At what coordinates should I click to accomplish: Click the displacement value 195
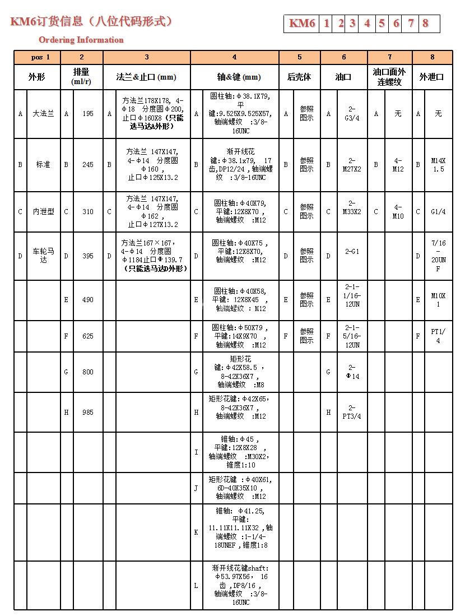point(88,114)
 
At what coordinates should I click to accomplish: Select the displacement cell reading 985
point(88,413)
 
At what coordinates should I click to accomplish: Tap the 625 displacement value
point(88,336)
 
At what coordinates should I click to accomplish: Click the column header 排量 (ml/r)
point(81,77)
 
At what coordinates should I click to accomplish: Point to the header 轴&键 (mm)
point(235,77)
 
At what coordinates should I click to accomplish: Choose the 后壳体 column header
point(300,77)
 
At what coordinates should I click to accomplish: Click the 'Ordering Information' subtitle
point(81,40)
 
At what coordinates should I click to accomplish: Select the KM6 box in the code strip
point(302,24)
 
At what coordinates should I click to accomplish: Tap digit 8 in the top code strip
point(426,24)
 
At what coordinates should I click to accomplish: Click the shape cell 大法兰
point(43,114)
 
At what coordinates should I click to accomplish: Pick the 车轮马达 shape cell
point(43,256)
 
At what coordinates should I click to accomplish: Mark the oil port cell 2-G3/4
point(352,114)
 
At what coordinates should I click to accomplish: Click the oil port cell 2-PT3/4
point(352,412)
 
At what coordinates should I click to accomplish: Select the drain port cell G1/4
point(438,212)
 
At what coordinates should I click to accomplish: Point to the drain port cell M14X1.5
point(438,165)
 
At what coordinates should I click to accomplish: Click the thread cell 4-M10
point(398,212)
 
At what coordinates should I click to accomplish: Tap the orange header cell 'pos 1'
point(37,57)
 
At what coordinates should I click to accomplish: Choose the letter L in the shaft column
point(196,585)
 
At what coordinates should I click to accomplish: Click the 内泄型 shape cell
point(43,212)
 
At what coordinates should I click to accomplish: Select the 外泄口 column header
point(432,77)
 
